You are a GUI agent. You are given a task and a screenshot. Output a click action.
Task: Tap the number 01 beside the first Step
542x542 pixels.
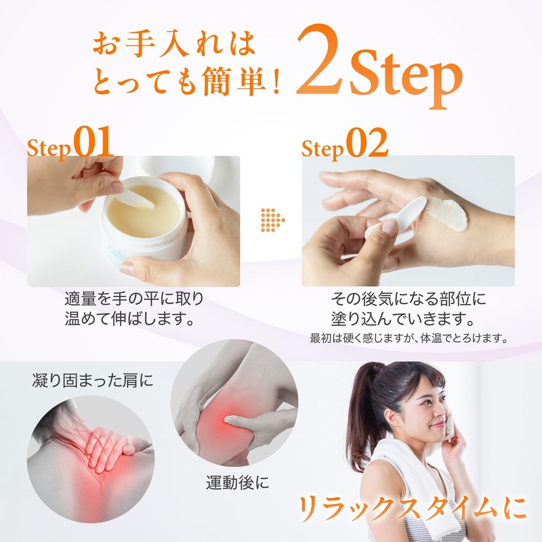(x=93, y=142)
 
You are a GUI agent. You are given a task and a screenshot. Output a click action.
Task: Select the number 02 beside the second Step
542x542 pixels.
(x=367, y=142)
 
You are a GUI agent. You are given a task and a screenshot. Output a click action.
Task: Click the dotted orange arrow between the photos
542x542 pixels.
(x=272, y=220)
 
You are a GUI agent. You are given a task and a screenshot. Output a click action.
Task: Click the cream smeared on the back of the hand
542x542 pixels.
(x=448, y=214)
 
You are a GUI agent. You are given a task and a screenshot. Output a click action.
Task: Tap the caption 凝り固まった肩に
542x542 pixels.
(x=93, y=380)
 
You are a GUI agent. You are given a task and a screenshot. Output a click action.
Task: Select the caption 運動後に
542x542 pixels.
(x=238, y=482)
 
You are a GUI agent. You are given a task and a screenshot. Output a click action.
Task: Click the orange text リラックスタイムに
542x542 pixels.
(x=412, y=509)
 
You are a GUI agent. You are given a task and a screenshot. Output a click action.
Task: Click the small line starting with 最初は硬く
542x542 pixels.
(x=409, y=338)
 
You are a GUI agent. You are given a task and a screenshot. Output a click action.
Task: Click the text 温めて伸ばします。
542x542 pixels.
(x=130, y=318)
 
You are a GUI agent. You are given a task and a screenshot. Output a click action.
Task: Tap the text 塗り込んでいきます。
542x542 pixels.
(x=403, y=318)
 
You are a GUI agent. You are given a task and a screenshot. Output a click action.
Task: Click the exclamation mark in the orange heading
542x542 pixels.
(x=276, y=81)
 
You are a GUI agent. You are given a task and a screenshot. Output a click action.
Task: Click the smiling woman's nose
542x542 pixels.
(x=441, y=411)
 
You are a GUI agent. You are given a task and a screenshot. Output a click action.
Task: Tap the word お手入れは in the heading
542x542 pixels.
(x=174, y=44)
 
